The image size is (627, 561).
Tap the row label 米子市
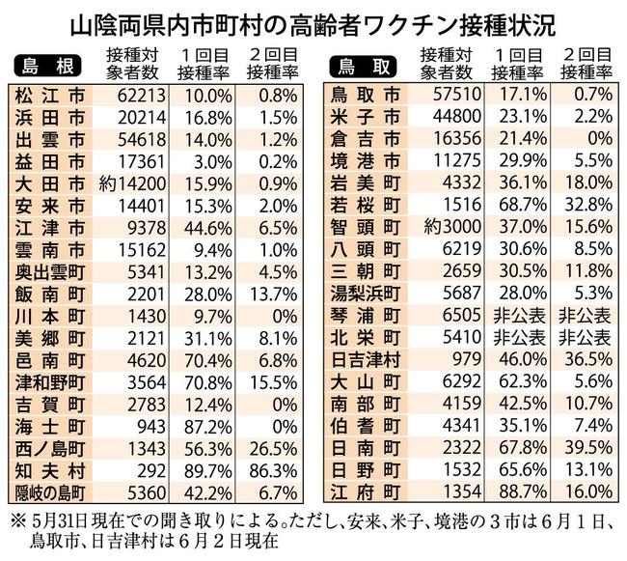pyautogui.click(x=368, y=117)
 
